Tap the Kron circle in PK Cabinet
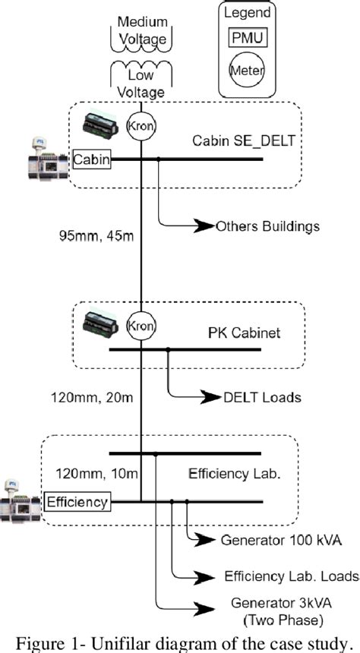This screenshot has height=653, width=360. pyautogui.click(x=141, y=326)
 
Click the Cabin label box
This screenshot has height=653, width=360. pyautogui.click(x=91, y=159)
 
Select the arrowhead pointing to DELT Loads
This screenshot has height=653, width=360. pyautogui.click(x=210, y=396)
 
